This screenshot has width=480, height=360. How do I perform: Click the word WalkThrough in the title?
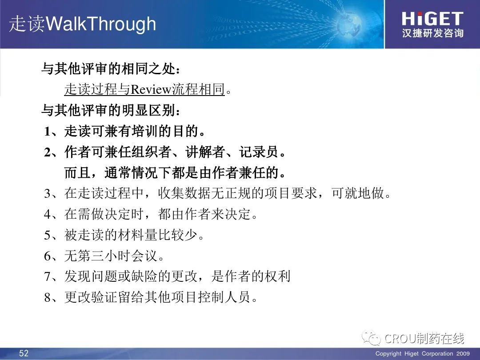[101, 24]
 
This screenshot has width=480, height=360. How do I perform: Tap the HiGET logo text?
[432, 19]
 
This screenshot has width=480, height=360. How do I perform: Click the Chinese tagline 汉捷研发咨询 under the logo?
[432, 33]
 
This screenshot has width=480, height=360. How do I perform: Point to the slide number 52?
[24, 353]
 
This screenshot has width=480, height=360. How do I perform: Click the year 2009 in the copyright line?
[463, 354]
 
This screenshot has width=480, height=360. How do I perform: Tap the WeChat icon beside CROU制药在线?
[371, 338]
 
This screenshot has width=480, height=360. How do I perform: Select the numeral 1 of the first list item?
[47, 132]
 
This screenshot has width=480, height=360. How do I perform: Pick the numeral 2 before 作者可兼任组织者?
[48, 152]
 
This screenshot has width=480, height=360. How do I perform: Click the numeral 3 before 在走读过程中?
[48, 194]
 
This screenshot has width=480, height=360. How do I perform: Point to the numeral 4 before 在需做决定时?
[48, 214]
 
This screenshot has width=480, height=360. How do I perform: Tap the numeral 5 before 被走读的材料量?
[48, 235]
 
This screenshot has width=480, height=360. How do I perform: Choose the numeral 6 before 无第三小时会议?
[48, 256]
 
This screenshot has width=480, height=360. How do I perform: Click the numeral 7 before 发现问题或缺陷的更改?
[48, 276]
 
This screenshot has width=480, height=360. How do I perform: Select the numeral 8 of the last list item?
[48, 297]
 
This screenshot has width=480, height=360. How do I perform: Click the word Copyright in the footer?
[388, 354]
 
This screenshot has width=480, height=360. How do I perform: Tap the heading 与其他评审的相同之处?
[109, 68]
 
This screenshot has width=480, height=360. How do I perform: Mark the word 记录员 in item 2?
[259, 152]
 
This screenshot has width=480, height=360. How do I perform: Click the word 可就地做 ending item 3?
[357, 193]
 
